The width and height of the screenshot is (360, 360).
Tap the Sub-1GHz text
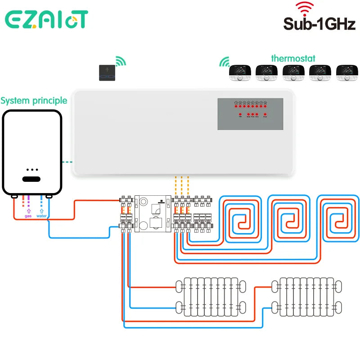(x=319, y=24)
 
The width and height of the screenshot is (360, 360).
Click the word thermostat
(x=293, y=58)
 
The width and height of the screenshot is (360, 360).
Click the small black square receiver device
(x=107, y=72)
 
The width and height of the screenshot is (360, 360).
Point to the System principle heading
(x=34, y=100)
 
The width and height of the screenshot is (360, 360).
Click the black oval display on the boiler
(x=32, y=179)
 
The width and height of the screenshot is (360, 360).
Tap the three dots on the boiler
(x=32, y=170)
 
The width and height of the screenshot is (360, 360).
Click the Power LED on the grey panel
(x=265, y=115)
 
